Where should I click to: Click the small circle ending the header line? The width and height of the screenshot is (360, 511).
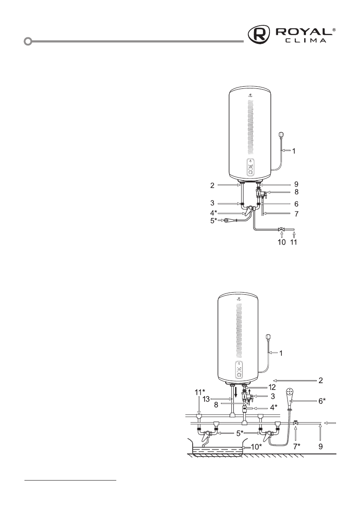28,41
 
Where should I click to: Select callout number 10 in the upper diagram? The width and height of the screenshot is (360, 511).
281,242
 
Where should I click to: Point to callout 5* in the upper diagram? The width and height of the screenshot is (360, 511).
213,221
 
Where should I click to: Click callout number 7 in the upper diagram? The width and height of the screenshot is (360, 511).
296,214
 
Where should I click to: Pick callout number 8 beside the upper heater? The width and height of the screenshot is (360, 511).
296,192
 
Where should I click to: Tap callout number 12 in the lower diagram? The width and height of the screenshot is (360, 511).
272,387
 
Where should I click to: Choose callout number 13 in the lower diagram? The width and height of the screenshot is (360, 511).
206,399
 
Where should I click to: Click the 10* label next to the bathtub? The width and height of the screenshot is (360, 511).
256,447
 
